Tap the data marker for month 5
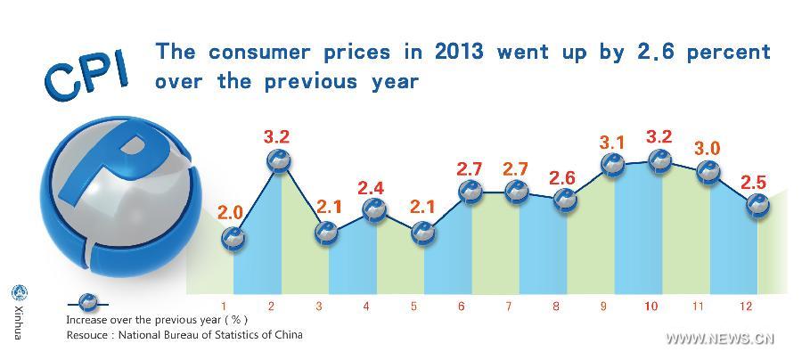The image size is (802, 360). tap(424, 233)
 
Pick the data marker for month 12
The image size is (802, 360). tap(757, 207)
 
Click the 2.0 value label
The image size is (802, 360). tap(230, 212)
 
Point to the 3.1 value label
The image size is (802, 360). tap(613, 141)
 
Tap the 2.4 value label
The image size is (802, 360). tap(372, 187)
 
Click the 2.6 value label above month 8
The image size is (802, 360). tap(561, 176)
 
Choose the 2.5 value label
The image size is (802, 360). tap(755, 184)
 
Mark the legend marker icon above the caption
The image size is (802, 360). tap(88, 302)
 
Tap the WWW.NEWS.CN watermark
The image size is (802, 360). tap(720, 339)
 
